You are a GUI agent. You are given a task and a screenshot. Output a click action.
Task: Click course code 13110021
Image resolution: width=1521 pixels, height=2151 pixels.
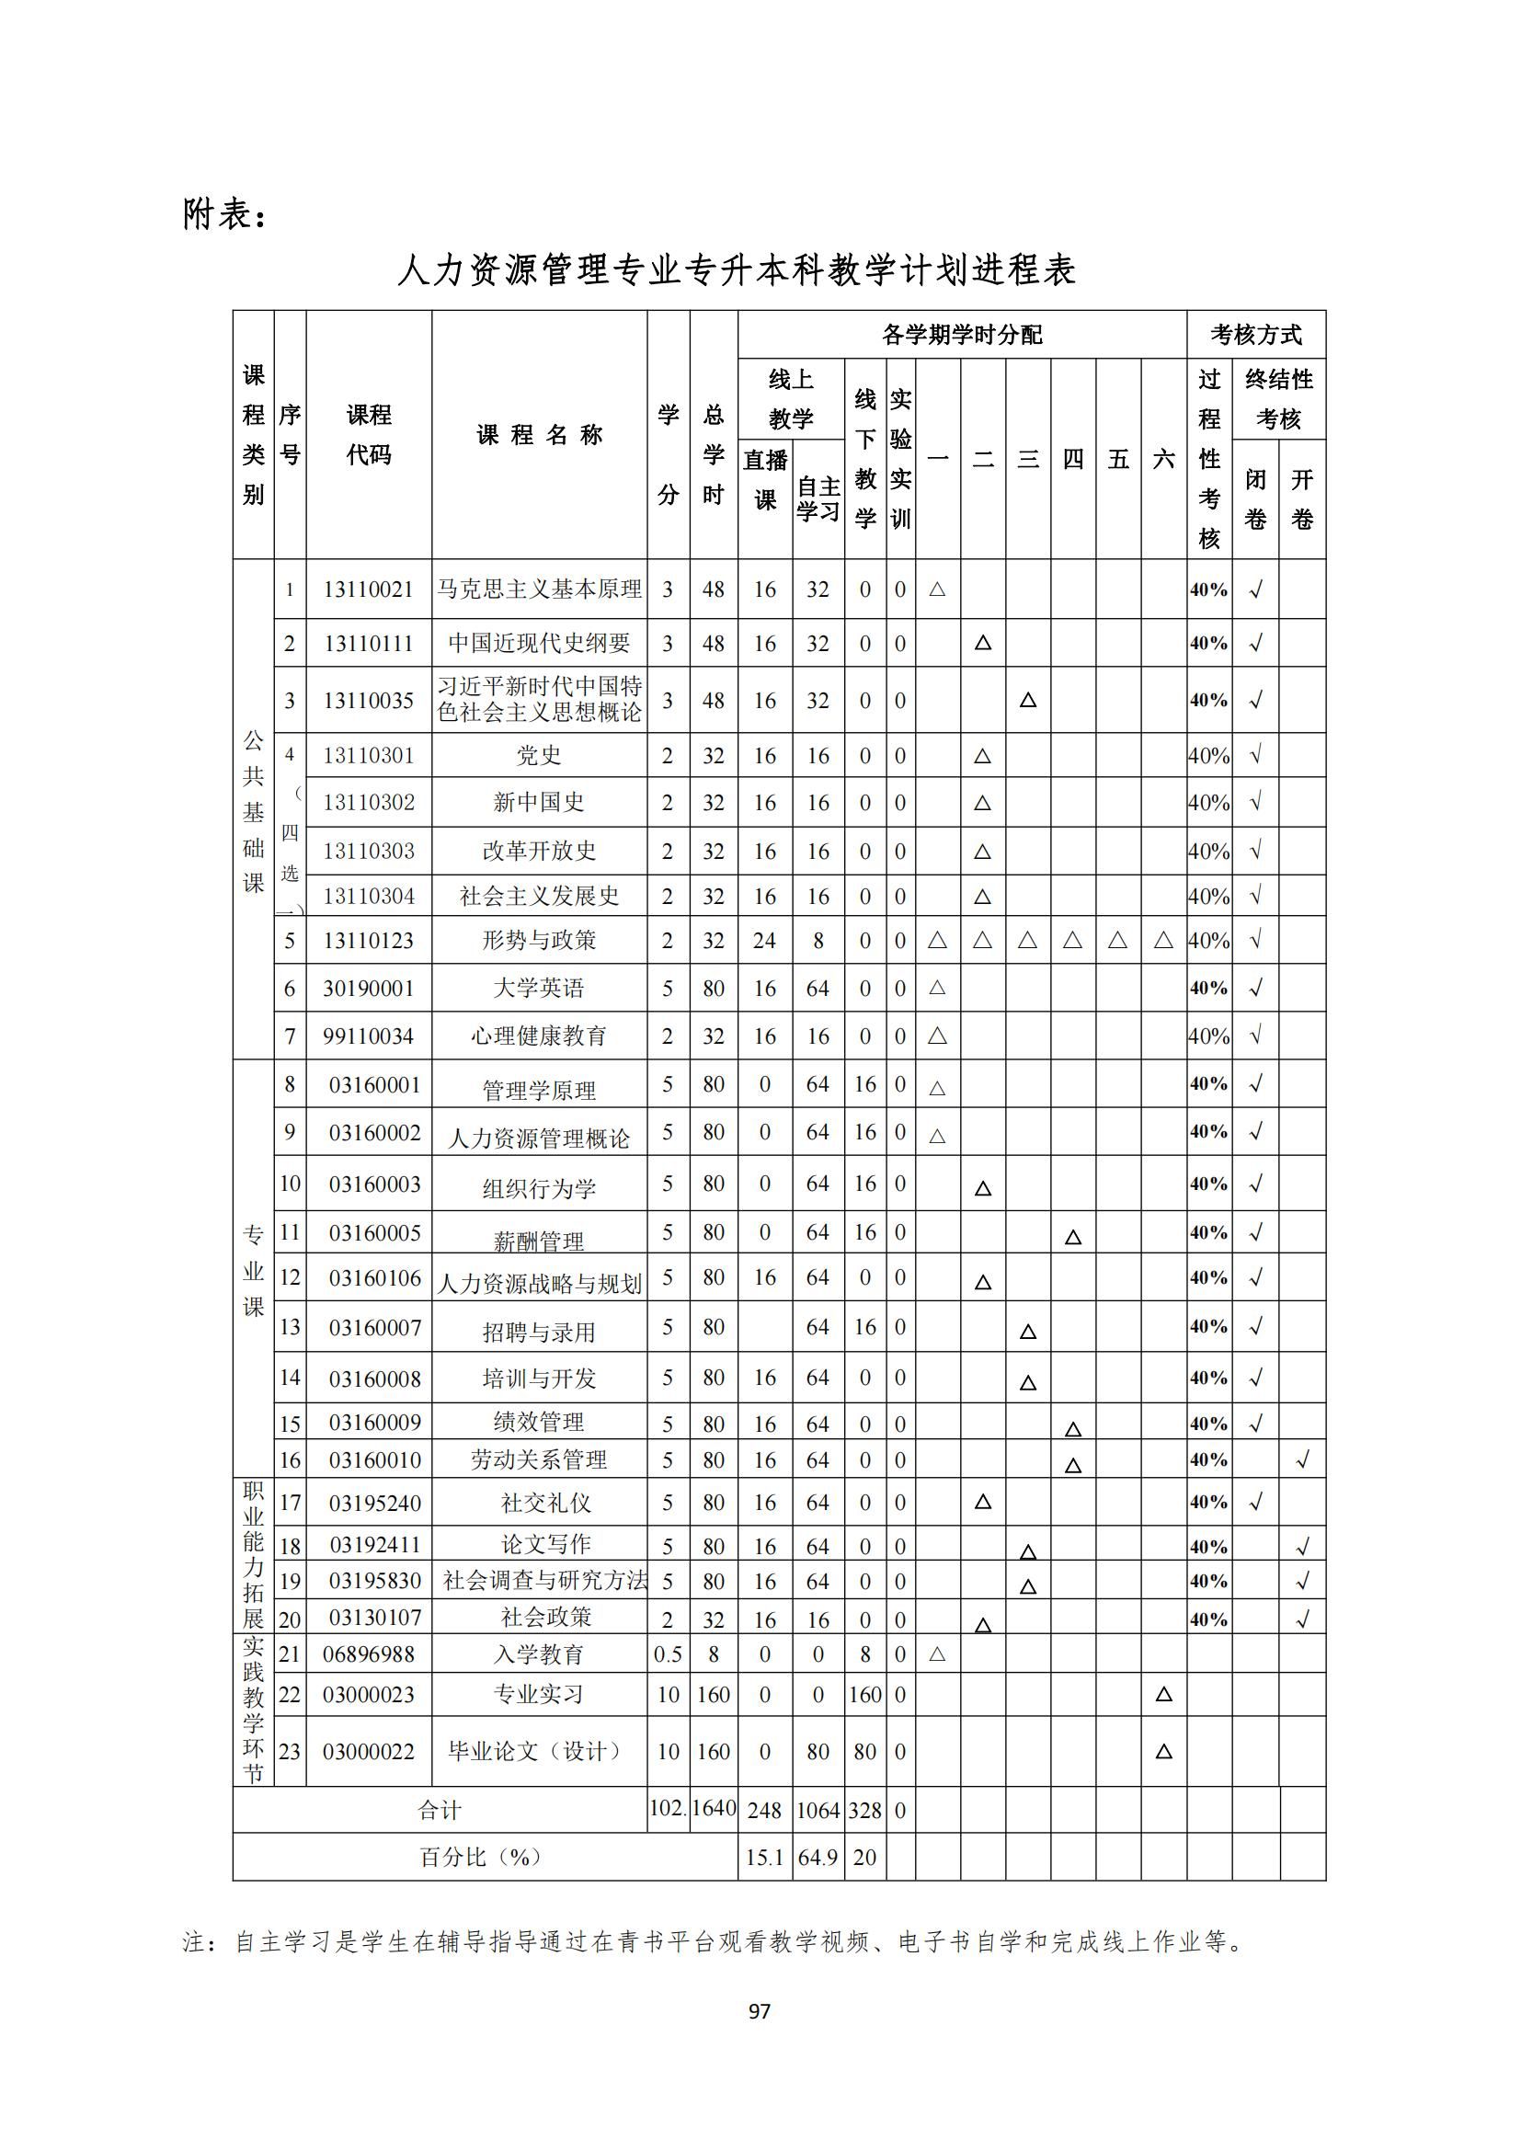(x=368, y=589)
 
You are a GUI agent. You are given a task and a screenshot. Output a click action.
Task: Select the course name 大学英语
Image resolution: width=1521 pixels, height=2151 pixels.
(x=539, y=989)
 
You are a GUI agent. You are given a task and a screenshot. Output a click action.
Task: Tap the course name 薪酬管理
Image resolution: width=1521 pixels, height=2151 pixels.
(x=539, y=1241)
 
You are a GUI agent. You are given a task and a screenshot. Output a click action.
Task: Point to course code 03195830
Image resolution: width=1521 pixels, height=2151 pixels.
(x=374, y=1581)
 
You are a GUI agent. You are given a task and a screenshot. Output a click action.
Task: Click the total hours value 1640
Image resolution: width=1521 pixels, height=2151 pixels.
(x=714, y=1808)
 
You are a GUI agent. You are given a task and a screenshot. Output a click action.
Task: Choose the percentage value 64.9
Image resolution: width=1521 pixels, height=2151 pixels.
(x=818, y=1857)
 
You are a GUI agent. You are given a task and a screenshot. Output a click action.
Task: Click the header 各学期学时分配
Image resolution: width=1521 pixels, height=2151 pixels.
(x=962, y=335)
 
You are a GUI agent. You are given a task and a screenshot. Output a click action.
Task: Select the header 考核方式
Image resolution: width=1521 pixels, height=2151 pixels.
(x=1255, y=335)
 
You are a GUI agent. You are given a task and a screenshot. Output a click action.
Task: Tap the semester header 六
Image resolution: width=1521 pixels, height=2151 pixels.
(x=1163, y=459)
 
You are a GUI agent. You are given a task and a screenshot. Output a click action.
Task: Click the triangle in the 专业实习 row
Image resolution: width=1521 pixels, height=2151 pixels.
(x=1163, y=1694)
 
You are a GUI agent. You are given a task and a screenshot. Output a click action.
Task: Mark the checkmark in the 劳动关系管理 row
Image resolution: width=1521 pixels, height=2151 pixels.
(x=1302, y=1459)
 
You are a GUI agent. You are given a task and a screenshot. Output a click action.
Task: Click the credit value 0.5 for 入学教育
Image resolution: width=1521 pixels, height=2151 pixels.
(x=668, y=1654)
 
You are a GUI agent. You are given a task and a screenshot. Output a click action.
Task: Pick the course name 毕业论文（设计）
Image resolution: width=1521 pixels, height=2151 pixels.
(x=539, y=1751)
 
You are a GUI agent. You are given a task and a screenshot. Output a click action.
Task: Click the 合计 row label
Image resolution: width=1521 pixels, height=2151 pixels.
(x=440, y=1810)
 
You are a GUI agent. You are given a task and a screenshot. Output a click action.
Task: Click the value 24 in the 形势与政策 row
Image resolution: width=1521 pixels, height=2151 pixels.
(x=764, y=941)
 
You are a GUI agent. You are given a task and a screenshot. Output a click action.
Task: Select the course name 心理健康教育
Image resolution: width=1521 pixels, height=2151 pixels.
(x=539, y=1036)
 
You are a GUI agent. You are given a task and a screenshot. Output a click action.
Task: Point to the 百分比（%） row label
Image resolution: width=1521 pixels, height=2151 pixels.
(x=480, y=1857)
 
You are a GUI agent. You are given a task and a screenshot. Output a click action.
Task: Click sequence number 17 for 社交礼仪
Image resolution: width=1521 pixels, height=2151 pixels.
(x=291, y=1503)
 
